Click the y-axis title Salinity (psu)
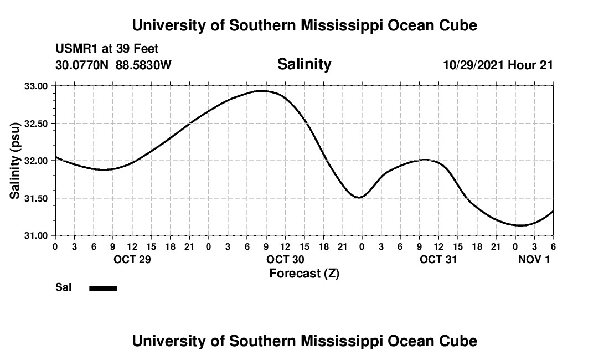tap(15, 161)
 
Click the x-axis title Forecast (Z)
tap(304, 274)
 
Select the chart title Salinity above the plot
tap(304, 64)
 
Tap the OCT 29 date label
tap(132, 259)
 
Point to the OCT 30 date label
tap(285, 259)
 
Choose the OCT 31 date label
tap(438, 259)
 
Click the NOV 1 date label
tap(534, 259)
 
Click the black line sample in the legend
tap(104, 288)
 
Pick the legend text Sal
tap(63, 287)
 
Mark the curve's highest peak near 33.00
tap(262, 91)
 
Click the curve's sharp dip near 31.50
tap(360, 197)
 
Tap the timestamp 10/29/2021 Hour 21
tap(498, 65)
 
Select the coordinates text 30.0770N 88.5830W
tap(113, 65)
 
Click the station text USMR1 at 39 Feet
tap(107, 49)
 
